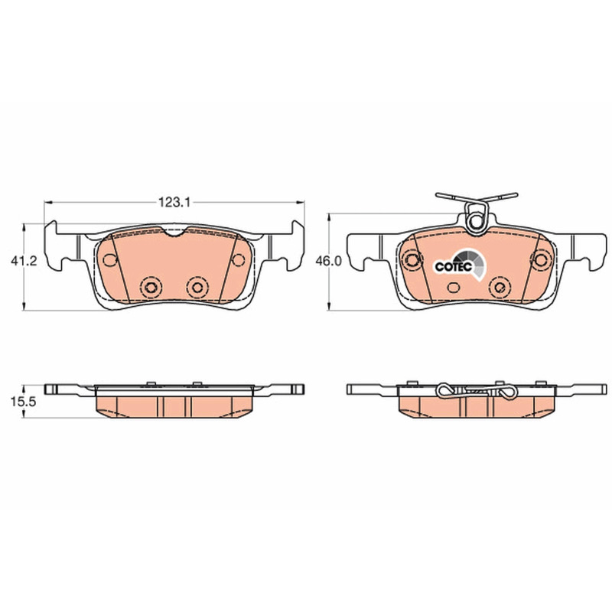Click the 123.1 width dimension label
(x=174, y=202)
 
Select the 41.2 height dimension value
(x=24, y=261)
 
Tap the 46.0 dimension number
(x=329, y=261)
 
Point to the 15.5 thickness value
(x=23, y=402)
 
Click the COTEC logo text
(x=454, y=266)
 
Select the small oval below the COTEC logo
(x=454, y=288)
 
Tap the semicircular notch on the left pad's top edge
(x=175, y=233)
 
